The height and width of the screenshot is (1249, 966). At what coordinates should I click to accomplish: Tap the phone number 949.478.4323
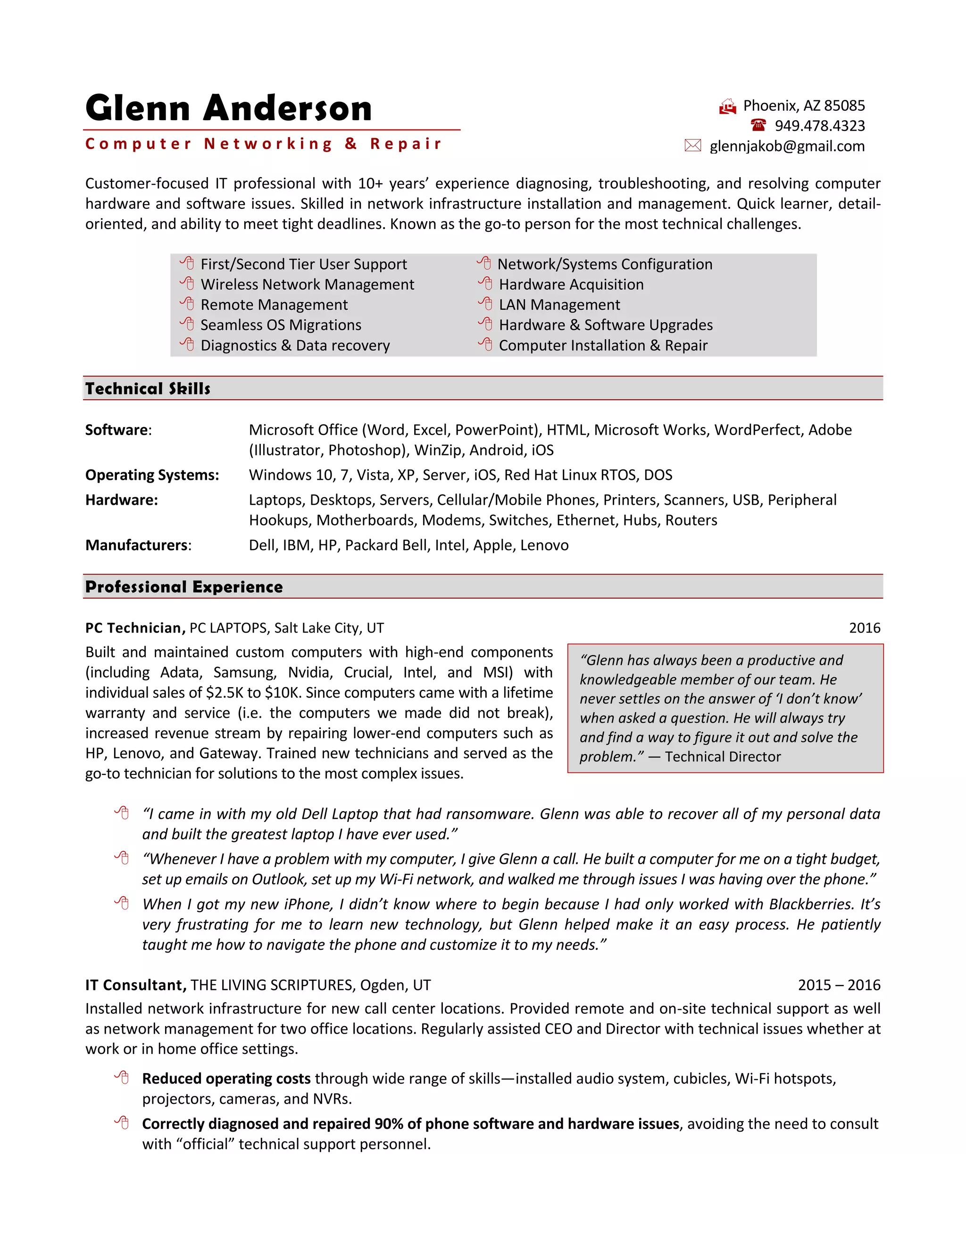(819, 126)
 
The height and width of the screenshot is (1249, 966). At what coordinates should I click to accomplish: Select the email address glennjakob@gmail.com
(787, 147)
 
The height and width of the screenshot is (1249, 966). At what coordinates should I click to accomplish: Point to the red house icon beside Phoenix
(727, 107)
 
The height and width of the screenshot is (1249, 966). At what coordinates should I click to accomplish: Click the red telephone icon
(758, 125)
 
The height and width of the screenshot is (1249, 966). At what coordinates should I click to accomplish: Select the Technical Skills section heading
(148, 389)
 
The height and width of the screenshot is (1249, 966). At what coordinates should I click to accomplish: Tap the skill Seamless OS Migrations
(281, 325)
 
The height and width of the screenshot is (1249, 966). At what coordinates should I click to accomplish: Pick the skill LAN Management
(559, 305)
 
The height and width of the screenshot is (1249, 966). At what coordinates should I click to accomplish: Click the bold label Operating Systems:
(152, 475)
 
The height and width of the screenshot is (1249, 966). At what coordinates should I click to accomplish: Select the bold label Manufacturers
(136, 545)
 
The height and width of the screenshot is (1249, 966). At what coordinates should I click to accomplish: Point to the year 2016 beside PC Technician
(864, 628)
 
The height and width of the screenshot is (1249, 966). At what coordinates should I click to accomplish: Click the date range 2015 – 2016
(839, 985)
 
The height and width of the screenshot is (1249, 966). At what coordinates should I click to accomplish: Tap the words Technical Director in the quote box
(723, 756)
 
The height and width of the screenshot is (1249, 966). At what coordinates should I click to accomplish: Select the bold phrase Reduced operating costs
(226, 1078)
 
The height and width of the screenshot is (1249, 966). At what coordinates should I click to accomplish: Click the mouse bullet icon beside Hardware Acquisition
(485, 284)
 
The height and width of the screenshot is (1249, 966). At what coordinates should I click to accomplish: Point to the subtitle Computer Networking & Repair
(263, 144)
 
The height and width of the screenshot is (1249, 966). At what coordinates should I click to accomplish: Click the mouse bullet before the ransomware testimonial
(121, 813)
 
